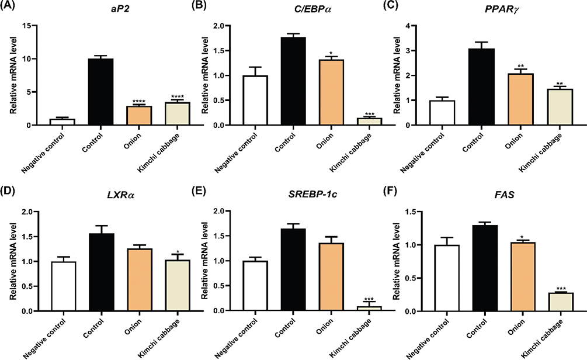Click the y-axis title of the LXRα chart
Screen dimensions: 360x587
[x=9, y=261]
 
